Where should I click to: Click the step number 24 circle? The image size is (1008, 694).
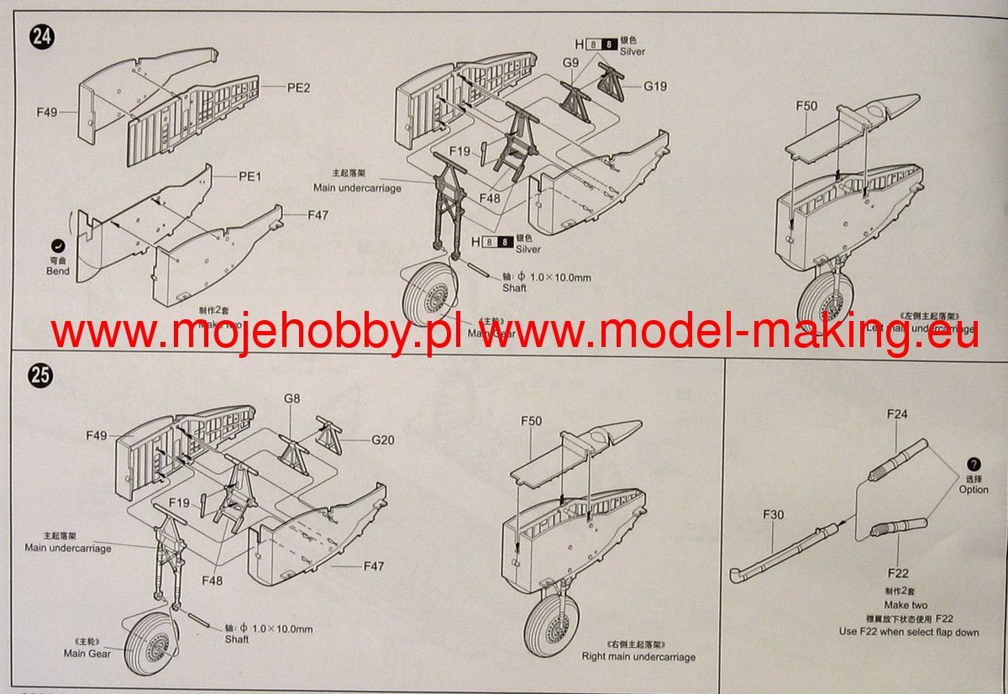[x=39, y=36]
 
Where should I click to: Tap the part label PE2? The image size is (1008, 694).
[x=275, y=87]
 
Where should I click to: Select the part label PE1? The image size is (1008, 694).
[x=250, y=176]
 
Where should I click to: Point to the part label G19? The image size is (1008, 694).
[x=655, y=86]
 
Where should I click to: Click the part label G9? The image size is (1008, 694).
[x=571, y=63]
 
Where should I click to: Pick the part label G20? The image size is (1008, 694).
[x=382, y=439]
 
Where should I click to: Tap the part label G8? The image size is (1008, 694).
[x=291, y=399]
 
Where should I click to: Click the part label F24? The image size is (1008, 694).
[x=897, y=414]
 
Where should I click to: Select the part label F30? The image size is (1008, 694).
[x=774, y=514]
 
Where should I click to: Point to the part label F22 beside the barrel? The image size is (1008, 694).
[x=897, y=573]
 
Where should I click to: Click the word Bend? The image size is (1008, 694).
[x=58, y=271]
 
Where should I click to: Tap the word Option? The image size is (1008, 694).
[x=974, y=490]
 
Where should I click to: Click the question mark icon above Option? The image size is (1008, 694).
[x=974, y=464]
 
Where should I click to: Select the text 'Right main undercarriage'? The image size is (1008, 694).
[x=638, y=656]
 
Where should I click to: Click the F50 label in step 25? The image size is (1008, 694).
[x=533, y=421]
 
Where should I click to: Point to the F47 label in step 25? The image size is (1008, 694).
[x=374, y=566]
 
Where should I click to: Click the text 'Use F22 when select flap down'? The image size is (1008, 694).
[x=909, y=632]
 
